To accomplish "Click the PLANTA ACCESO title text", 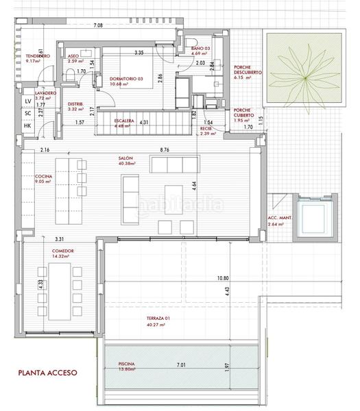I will (x=48, y=373).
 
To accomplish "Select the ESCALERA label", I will (x=125, y=120).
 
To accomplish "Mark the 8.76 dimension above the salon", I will (x=165, y=149).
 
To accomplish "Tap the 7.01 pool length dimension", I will (x=181, y=365).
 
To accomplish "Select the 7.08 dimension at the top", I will (x=98, y=25).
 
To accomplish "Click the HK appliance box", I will (x=27, y=125).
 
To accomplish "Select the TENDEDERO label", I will (x=37, y=57).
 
